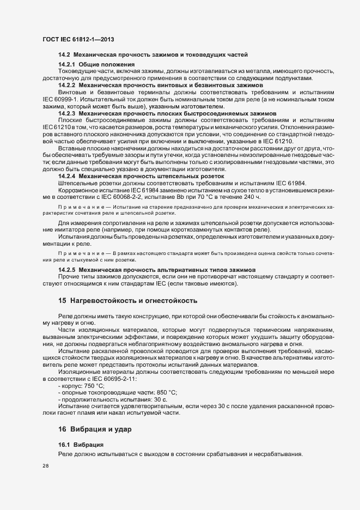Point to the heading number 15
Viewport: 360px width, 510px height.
pyautogui.click(x=62, y=301)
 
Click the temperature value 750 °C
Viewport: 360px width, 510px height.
pyautogui.click(x=94, y=385)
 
